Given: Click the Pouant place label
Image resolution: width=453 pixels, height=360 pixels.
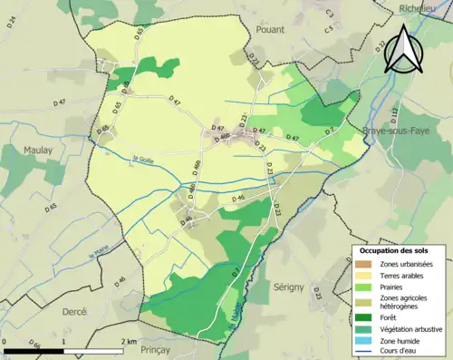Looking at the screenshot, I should [x=271, y=30].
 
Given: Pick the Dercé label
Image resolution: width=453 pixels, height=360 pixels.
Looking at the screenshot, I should [x=72, y=311].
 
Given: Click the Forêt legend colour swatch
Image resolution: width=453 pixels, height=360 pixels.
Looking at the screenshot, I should [x=363, y=316].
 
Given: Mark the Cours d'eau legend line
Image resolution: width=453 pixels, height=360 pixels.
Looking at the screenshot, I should [x=363, y=352].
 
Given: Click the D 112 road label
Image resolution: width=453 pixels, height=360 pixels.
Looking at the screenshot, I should [x=394, y=112].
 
